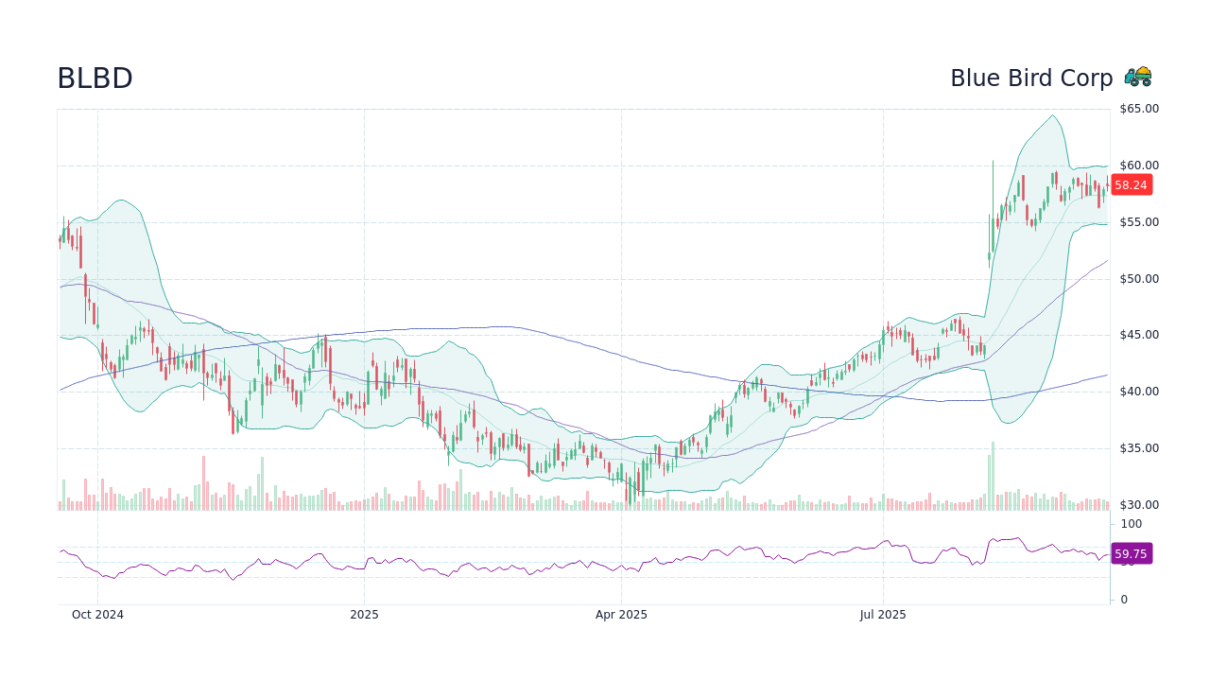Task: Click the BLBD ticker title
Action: pos(95,79)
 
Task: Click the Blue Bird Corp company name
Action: pos(1031,79)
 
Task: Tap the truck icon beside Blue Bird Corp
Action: pos(1138,77)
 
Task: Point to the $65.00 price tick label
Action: pos(1139,109)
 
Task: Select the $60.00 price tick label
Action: pos(1139,166)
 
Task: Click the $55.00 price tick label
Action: pos(1139,222)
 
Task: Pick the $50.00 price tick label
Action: pos(1139,279)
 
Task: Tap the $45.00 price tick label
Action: pos(1139,335)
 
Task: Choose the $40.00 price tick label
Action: pos(1139,392)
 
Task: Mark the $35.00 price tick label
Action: pos(1139,448)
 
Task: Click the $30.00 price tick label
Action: pos(1139,505)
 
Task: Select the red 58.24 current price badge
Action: pos(1131,185)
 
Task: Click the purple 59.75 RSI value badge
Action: pos(1131,554)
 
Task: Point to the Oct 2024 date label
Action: pos(97,615)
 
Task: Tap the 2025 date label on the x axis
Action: pos(364,615)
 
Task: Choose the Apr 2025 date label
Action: pos(621,615)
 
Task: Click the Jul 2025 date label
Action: pos(883,615)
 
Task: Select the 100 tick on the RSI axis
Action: pos(1132,524)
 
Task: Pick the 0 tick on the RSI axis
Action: pos(1124,600)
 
